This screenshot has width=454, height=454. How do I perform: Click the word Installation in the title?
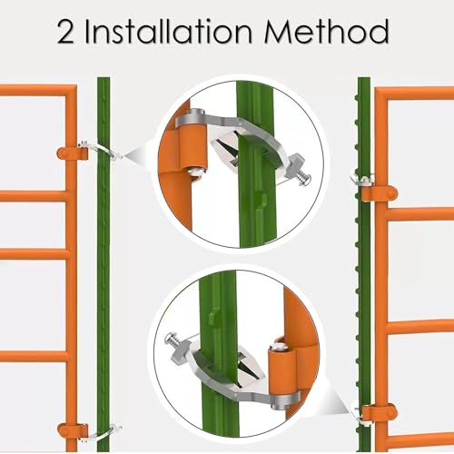[168, 32]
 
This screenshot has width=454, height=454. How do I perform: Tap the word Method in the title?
[326, 32]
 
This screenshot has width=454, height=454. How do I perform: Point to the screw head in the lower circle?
[170, 338]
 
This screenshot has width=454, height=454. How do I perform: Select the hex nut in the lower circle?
[181, 352]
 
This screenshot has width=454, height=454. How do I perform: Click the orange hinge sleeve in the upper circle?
[192, 146]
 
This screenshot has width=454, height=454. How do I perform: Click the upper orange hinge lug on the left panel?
[73, 153]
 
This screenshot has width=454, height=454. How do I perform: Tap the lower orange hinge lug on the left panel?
[73, 430]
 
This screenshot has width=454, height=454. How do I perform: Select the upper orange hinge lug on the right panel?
[380, 193]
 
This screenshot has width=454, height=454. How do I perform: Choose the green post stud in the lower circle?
[214, 317]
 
